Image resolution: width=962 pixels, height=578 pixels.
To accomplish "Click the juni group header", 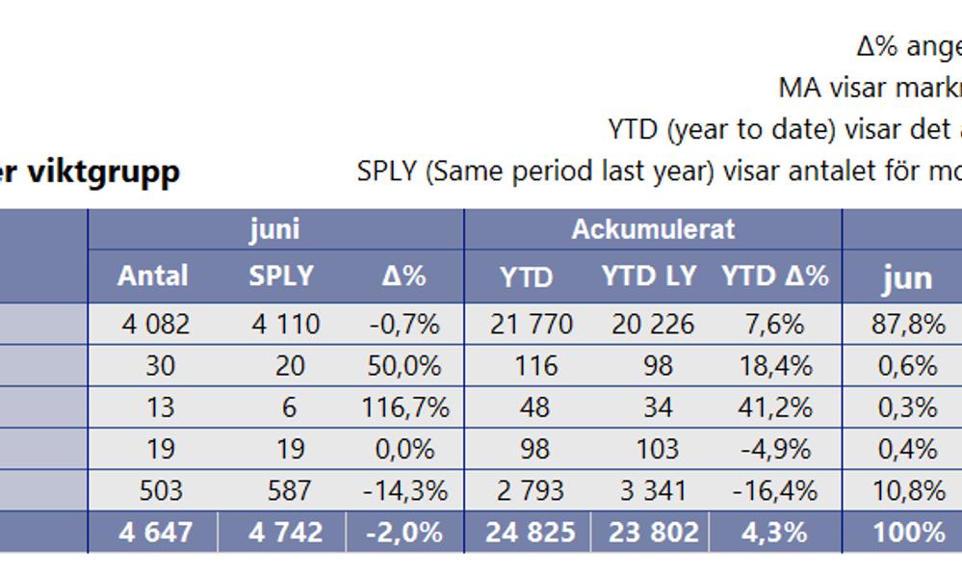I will click(274, 229).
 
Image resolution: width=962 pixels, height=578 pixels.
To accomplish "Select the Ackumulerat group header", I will click(652, 229).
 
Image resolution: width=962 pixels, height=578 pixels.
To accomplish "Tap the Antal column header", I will click(152, 276).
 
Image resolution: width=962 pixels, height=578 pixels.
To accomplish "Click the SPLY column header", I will click(281, 276).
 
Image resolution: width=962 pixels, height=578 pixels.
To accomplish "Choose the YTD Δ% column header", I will click(775, 276).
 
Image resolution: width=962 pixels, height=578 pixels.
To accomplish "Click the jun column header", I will click(907, 278).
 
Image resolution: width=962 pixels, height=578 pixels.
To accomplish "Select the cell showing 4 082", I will click(156, 324).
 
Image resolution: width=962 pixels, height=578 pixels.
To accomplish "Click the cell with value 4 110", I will click(285, 324).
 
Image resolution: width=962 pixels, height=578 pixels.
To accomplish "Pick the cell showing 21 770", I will click(532, 324).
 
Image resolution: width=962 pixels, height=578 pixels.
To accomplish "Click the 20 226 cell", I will click(653, 324).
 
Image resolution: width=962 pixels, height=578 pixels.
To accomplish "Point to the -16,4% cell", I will click(773, 490).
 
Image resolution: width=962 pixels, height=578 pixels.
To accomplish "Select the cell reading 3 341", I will click(653, 490).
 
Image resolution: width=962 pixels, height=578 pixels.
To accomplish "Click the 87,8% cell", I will click(908, 324).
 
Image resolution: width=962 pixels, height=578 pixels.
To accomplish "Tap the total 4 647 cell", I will click(156, 533).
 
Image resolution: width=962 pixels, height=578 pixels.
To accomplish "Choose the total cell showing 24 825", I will click(532, 533).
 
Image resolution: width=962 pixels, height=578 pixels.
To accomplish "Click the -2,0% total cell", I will click(405, 533).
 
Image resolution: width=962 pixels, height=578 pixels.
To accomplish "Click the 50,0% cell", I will click(405, 366).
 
